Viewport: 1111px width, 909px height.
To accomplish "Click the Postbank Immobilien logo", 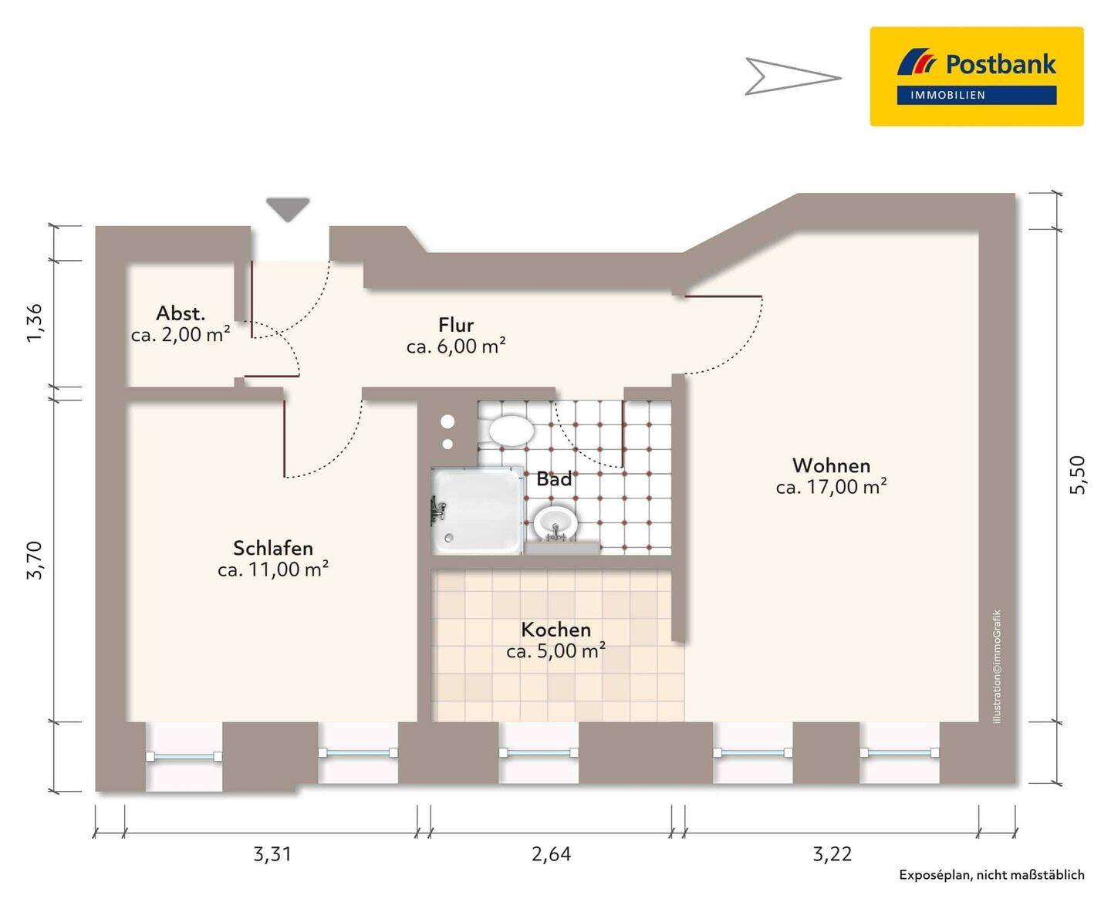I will point(976,76).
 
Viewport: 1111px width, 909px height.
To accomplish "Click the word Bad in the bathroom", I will point(554,479).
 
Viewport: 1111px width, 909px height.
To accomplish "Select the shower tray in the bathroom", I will point(476,510).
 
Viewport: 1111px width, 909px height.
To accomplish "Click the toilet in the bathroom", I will point(511,431).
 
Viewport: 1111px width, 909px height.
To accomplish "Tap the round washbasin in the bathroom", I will point(555,522).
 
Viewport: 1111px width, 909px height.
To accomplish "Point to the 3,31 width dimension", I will point(272,853).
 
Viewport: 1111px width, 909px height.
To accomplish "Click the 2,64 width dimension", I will point(551,853).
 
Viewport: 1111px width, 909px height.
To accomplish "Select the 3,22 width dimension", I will point(832,853).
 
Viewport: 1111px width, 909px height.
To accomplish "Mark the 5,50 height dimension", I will point(1078,475).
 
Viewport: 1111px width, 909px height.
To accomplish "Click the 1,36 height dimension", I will point(35,323).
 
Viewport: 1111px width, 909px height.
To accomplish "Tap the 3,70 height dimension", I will point(35,560).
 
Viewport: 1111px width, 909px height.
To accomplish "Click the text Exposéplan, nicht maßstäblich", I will point(991,874).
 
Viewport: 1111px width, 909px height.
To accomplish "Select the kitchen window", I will point(538,752).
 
